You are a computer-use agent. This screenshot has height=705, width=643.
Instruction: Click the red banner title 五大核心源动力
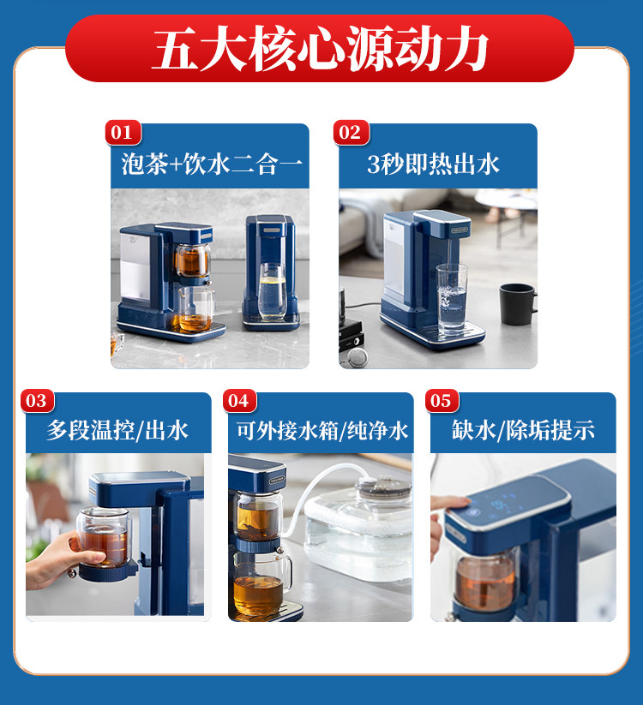pos(321,48)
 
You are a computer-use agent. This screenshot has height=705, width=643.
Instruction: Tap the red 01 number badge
pos(123,133)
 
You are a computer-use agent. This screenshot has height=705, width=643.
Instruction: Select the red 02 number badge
pos(351,133)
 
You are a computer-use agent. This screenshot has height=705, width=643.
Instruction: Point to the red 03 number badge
pos(38,401)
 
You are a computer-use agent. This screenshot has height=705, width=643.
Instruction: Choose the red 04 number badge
pos(239,401)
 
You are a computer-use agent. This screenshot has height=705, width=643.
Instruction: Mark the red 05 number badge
pos(442,401)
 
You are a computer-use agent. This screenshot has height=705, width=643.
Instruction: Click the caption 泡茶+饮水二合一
pos(212,164)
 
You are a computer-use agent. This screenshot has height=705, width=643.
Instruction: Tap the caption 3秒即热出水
pos(433,164)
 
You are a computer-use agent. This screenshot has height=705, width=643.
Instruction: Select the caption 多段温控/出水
pos(117,430)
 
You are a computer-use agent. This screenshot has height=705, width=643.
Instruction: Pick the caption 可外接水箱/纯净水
pos(322,430)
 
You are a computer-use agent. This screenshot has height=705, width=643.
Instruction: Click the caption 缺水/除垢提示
pos(523,430)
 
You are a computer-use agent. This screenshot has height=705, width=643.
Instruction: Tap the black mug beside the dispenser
pos(518,304)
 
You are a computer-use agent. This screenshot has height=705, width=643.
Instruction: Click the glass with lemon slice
pos(272,291)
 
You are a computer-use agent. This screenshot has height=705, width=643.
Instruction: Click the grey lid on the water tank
pos(384,487)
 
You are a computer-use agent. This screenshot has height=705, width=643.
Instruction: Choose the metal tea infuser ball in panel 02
pos(358,357)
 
